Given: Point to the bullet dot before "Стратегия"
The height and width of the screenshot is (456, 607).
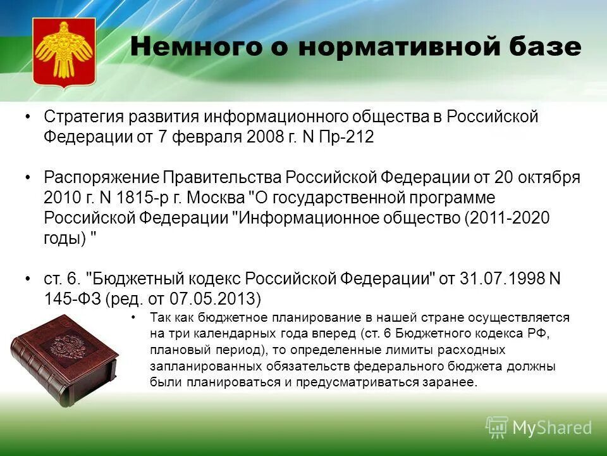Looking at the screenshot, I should click(x=28, y=117).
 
